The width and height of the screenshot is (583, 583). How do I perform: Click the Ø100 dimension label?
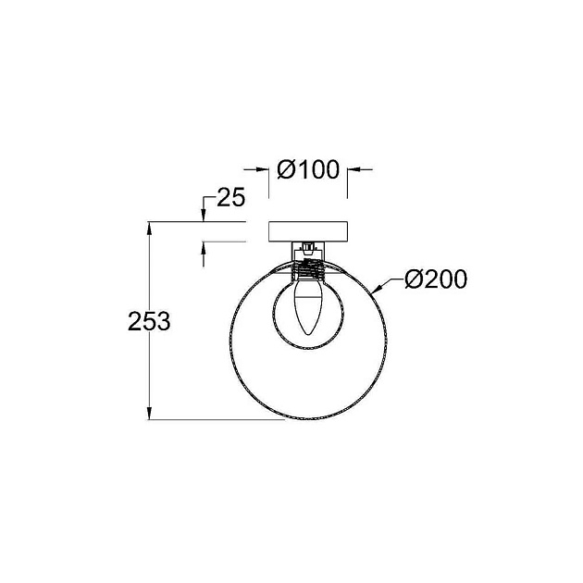point(307,170)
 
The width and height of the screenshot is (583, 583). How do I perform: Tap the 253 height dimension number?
point(148,321)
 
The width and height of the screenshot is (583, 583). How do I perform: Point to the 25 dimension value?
point(229,197)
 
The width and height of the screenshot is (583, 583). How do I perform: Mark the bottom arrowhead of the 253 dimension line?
point(150,414)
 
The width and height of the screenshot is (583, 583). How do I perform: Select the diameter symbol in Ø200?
point(414,279)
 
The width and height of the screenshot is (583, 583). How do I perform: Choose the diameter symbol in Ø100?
point(286,170)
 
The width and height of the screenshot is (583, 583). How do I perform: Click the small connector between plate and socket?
point(306,248)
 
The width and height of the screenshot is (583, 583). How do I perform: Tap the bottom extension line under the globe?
point(222,420)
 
